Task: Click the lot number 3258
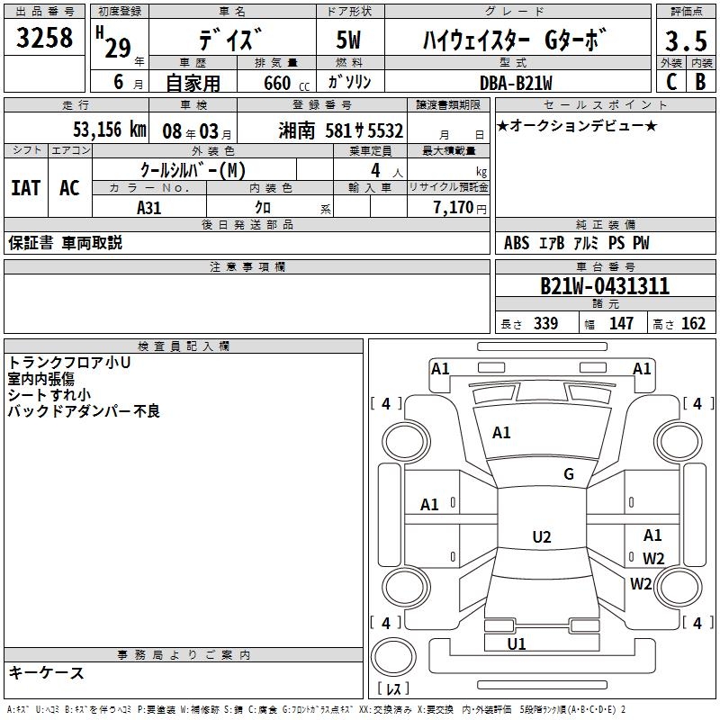(x=45, y=39)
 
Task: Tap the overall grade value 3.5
(x=685, y=40)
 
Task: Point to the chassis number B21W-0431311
(x=604, y=286)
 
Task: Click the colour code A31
(x=149, y=206)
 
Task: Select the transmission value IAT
(x=25, y=187)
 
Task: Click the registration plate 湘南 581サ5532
(x=341, y=130)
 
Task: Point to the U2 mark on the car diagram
(x=541, y=537)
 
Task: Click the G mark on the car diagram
(x=569, y=474)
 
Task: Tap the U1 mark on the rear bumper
(x=517, y=643)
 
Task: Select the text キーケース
(x=47, y=672)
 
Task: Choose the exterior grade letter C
(x=670, y=82)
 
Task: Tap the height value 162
(x=693, y=324)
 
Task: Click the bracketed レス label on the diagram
(x=393, y=689)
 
